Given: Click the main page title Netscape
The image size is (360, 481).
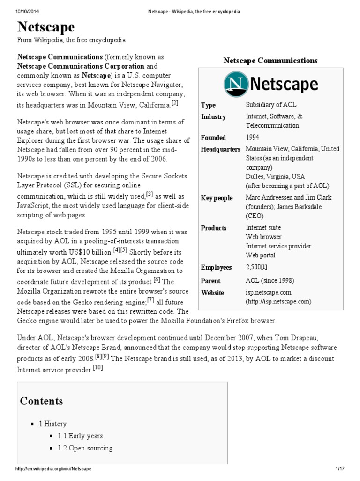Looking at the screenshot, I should tap(46, 27).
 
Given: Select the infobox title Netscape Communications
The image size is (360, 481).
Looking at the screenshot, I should tap(270, 61).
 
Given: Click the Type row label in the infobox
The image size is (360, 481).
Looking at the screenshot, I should tap(209, 105).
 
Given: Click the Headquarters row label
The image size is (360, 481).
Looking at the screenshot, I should tap(221, 149).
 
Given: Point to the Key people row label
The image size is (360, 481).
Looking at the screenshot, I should tap(217, 198).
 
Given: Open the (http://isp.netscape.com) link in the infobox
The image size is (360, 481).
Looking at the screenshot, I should tap(278, 302).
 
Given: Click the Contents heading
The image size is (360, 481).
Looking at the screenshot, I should tap(41, 401).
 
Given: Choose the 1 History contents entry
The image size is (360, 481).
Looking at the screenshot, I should tap(53, 424).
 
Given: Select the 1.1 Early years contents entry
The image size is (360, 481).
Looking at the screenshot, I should tap(80, 436).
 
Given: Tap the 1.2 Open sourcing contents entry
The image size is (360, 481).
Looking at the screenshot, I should tap(85, 448).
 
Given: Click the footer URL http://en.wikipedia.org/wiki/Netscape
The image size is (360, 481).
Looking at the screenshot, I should tap(54, 469).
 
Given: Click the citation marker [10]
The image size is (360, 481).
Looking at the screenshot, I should tap(97, 368).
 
